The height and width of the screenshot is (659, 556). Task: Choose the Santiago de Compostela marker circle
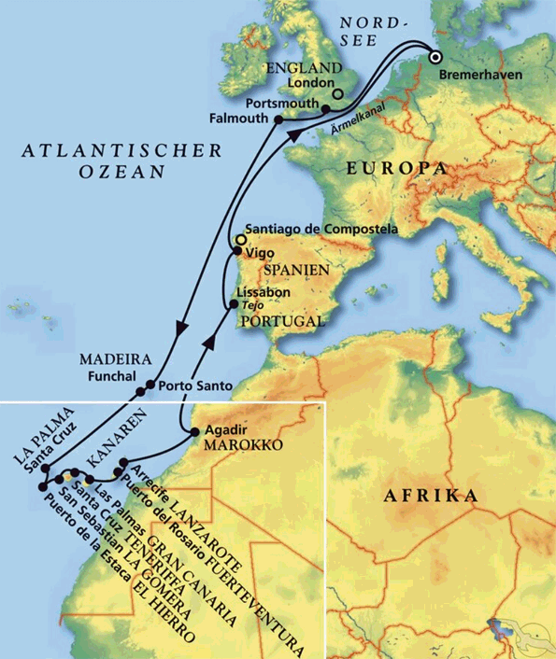[x=240, y=240]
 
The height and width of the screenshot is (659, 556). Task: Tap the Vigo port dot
[x=236, y=251]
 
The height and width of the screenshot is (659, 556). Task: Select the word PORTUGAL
[x=281, y=321]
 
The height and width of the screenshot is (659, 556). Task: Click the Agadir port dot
[x=193, y=432]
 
